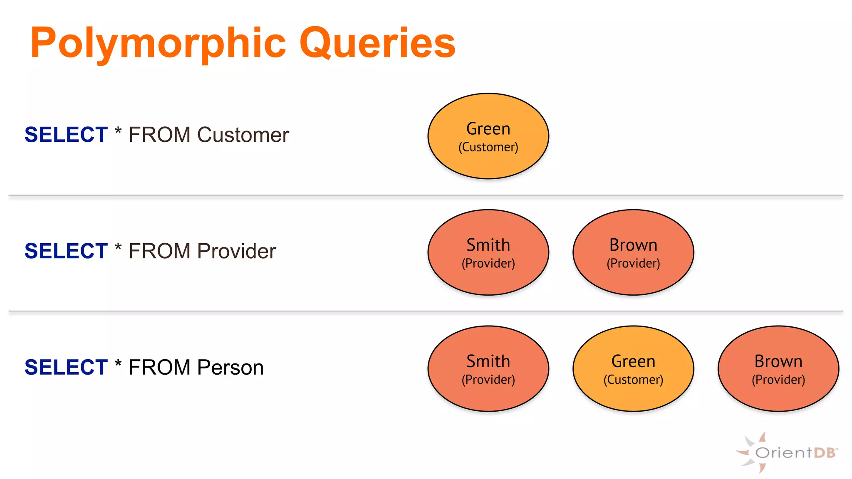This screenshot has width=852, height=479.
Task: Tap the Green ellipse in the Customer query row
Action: pos(488,136)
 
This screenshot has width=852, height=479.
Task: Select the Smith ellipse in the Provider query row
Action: pos(488,252)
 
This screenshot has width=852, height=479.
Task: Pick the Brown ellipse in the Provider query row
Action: pos(633,252)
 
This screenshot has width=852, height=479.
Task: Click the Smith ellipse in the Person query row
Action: pos(488,369)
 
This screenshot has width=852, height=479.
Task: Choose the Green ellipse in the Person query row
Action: pos(633,369)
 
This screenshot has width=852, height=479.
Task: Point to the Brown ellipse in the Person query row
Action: pos(778,369)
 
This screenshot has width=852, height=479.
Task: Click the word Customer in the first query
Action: pos(243,135)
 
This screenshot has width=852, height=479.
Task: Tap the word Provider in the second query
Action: pos(236,251)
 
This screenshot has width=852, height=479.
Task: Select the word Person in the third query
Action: pos(230,368)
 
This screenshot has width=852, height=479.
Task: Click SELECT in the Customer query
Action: pos(66,135)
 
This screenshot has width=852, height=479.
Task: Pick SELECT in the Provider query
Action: pos(66,251)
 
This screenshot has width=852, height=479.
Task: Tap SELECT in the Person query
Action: pos(66,368)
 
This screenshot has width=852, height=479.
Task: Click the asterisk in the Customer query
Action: pos(118,132)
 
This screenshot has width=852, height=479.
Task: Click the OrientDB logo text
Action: pos(795,453)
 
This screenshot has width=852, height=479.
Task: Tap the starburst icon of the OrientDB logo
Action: pos(751,453)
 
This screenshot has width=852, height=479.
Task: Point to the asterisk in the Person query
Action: pos(118,364)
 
